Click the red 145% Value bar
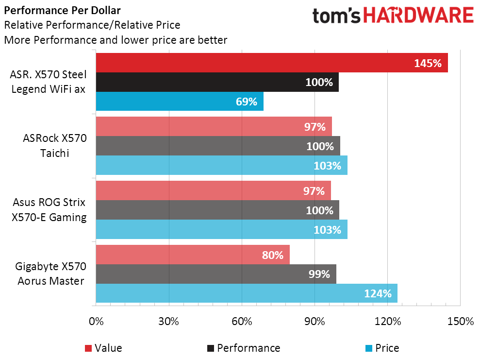point(272,63)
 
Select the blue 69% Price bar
point(180,102)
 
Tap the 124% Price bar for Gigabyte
point(247,293)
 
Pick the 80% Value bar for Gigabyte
point(193,255)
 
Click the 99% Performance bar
point(216,274)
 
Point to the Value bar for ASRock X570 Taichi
point(214,127)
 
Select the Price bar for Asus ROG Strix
point(221,229)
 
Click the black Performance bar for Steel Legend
point(217,82)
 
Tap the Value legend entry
point(103,348)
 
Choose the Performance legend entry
point(243,348)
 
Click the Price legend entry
point(381,348)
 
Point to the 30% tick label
point(169,322)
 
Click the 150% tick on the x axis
point(460,322)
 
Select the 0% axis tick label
point(96,322)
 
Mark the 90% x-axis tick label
point(314,322)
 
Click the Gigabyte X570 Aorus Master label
point(50,274)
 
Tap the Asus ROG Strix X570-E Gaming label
point(49,209)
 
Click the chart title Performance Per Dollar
point(63,10)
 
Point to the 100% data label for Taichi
point(319,146)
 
